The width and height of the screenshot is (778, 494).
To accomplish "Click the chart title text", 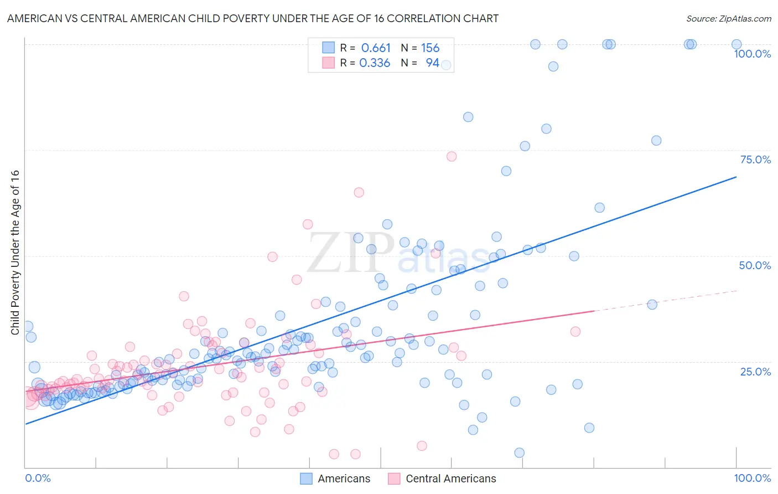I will point(253,18).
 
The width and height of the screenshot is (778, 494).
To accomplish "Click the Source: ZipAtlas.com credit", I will point(728,18).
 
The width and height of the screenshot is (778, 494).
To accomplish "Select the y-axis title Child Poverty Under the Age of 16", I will point(15,252).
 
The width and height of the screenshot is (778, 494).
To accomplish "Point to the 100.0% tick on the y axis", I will point(752,54).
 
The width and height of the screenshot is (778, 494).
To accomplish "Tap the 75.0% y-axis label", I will point(755,159).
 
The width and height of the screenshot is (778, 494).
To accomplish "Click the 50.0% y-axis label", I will point(755,265).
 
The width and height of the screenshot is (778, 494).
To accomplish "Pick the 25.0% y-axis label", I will point(755,372).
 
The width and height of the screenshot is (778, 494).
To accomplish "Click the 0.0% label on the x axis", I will point(38,478).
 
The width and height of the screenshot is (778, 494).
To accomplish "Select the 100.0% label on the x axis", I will point(752,478).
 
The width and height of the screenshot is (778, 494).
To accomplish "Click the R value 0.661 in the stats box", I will point(376,48).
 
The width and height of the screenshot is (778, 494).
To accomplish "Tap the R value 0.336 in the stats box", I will point(375,63).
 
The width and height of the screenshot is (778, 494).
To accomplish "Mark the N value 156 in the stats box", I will point(430,48).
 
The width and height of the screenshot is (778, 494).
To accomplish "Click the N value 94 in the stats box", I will point(432,63).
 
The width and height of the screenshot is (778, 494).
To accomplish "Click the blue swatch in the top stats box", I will point(328,48).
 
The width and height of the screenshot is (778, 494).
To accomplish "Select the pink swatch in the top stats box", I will point(328,63).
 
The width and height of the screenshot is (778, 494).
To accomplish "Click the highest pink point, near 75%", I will point(452,156).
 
